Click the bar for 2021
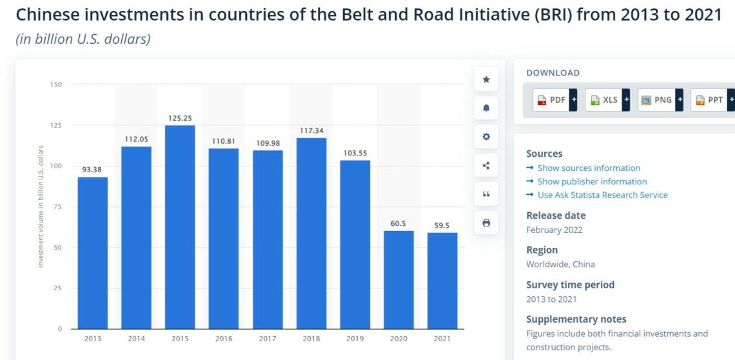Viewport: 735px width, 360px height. click(x=442, y=281)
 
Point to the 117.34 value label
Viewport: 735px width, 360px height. click(x=311, y=131)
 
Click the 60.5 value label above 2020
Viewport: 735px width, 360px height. click(x=398, y=223)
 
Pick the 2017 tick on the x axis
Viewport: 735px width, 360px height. click(x=268, y=339)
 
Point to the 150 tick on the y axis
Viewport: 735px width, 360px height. click(x=57, y=85)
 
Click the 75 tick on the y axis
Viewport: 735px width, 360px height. click(x=58, y=206)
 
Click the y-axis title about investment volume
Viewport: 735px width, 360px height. click(x=41, y=206)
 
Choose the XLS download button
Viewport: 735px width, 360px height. click(x=607, y=100)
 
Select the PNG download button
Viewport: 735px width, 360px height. click(x=660, y=100)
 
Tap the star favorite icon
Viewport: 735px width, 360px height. click(x=486, y=79)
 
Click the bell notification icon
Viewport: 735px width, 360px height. click(x=486, y=108)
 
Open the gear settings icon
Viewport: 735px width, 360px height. click(x=486, y=137)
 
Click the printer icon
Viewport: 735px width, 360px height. click(x=486, y=223)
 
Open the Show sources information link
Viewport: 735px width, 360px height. click(x=589, y=168)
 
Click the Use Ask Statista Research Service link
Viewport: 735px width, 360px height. click(x=602, y=195)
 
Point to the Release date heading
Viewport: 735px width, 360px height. click(x=556, y=215)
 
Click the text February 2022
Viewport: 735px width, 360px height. click(x=554, y=230)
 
